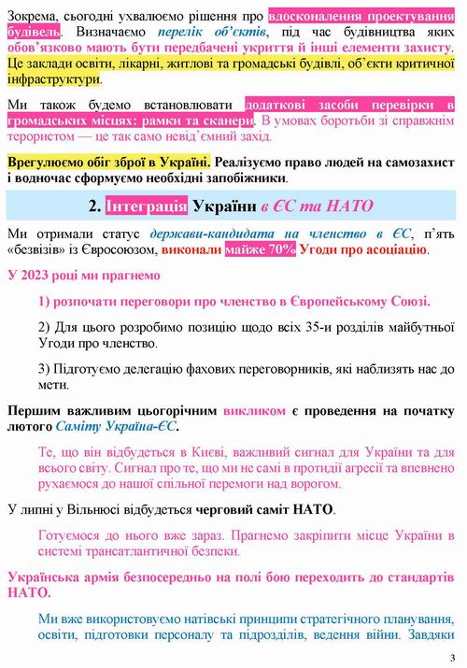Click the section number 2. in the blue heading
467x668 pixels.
pyautogui.click(x=96, y=205)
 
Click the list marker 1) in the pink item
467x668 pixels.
pyautogui.click(x=48, y=302)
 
